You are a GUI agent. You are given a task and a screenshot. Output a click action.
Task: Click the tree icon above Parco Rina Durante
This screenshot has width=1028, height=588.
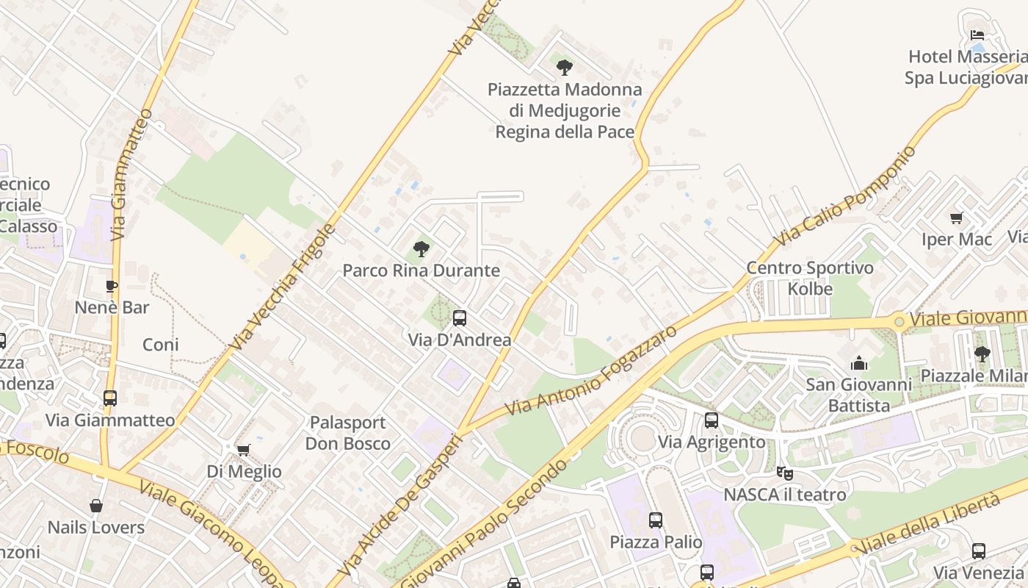421,249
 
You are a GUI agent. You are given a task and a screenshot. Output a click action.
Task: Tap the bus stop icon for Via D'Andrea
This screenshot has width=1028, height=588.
460,318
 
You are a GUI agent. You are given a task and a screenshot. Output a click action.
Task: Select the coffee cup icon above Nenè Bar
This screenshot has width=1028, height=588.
112,286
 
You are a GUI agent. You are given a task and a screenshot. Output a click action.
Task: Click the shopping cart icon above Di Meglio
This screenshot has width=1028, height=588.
244,449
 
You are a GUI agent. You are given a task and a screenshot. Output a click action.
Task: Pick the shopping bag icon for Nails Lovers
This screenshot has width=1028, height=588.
96,506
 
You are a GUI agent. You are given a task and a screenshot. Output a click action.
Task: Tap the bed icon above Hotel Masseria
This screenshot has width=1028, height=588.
977,35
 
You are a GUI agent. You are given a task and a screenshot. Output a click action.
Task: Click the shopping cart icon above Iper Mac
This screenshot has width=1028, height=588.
956,218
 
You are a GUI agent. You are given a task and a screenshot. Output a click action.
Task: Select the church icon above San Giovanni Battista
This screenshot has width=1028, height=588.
858,363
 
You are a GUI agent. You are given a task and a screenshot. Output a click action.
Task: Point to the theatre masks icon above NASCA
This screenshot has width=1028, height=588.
784,473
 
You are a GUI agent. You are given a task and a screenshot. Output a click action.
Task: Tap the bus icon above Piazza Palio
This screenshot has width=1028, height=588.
656,520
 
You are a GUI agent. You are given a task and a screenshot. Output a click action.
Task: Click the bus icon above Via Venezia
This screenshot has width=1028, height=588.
978,551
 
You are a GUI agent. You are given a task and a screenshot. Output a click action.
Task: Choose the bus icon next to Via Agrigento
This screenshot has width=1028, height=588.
711,420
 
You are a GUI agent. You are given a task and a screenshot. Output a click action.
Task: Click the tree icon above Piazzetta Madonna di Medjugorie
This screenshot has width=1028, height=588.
564,68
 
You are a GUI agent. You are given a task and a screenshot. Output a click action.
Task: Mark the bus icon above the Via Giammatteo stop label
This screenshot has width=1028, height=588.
110,398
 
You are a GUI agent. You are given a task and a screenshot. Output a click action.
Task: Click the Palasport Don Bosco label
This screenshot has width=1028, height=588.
348,433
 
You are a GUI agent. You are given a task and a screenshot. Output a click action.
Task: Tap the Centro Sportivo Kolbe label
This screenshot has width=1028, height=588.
810,278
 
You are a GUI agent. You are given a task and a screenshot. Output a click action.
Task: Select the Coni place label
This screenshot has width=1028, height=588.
161,344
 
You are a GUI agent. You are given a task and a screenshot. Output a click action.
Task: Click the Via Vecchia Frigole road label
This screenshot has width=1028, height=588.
282,287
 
